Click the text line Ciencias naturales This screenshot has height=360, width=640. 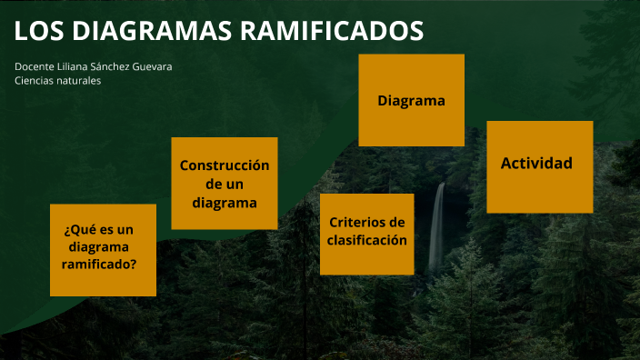(57, 81)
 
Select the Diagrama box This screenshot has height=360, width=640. (411, 100)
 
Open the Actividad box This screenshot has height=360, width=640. (539, 166)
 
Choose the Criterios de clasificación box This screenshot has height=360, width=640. (366, 234)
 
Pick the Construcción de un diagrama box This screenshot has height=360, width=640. (225, 184)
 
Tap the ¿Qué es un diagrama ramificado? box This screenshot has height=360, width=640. (103, 250)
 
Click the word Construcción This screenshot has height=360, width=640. (225, 165)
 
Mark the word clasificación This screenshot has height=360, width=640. (366, 241)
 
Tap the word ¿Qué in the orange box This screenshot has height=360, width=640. (79, 229)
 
